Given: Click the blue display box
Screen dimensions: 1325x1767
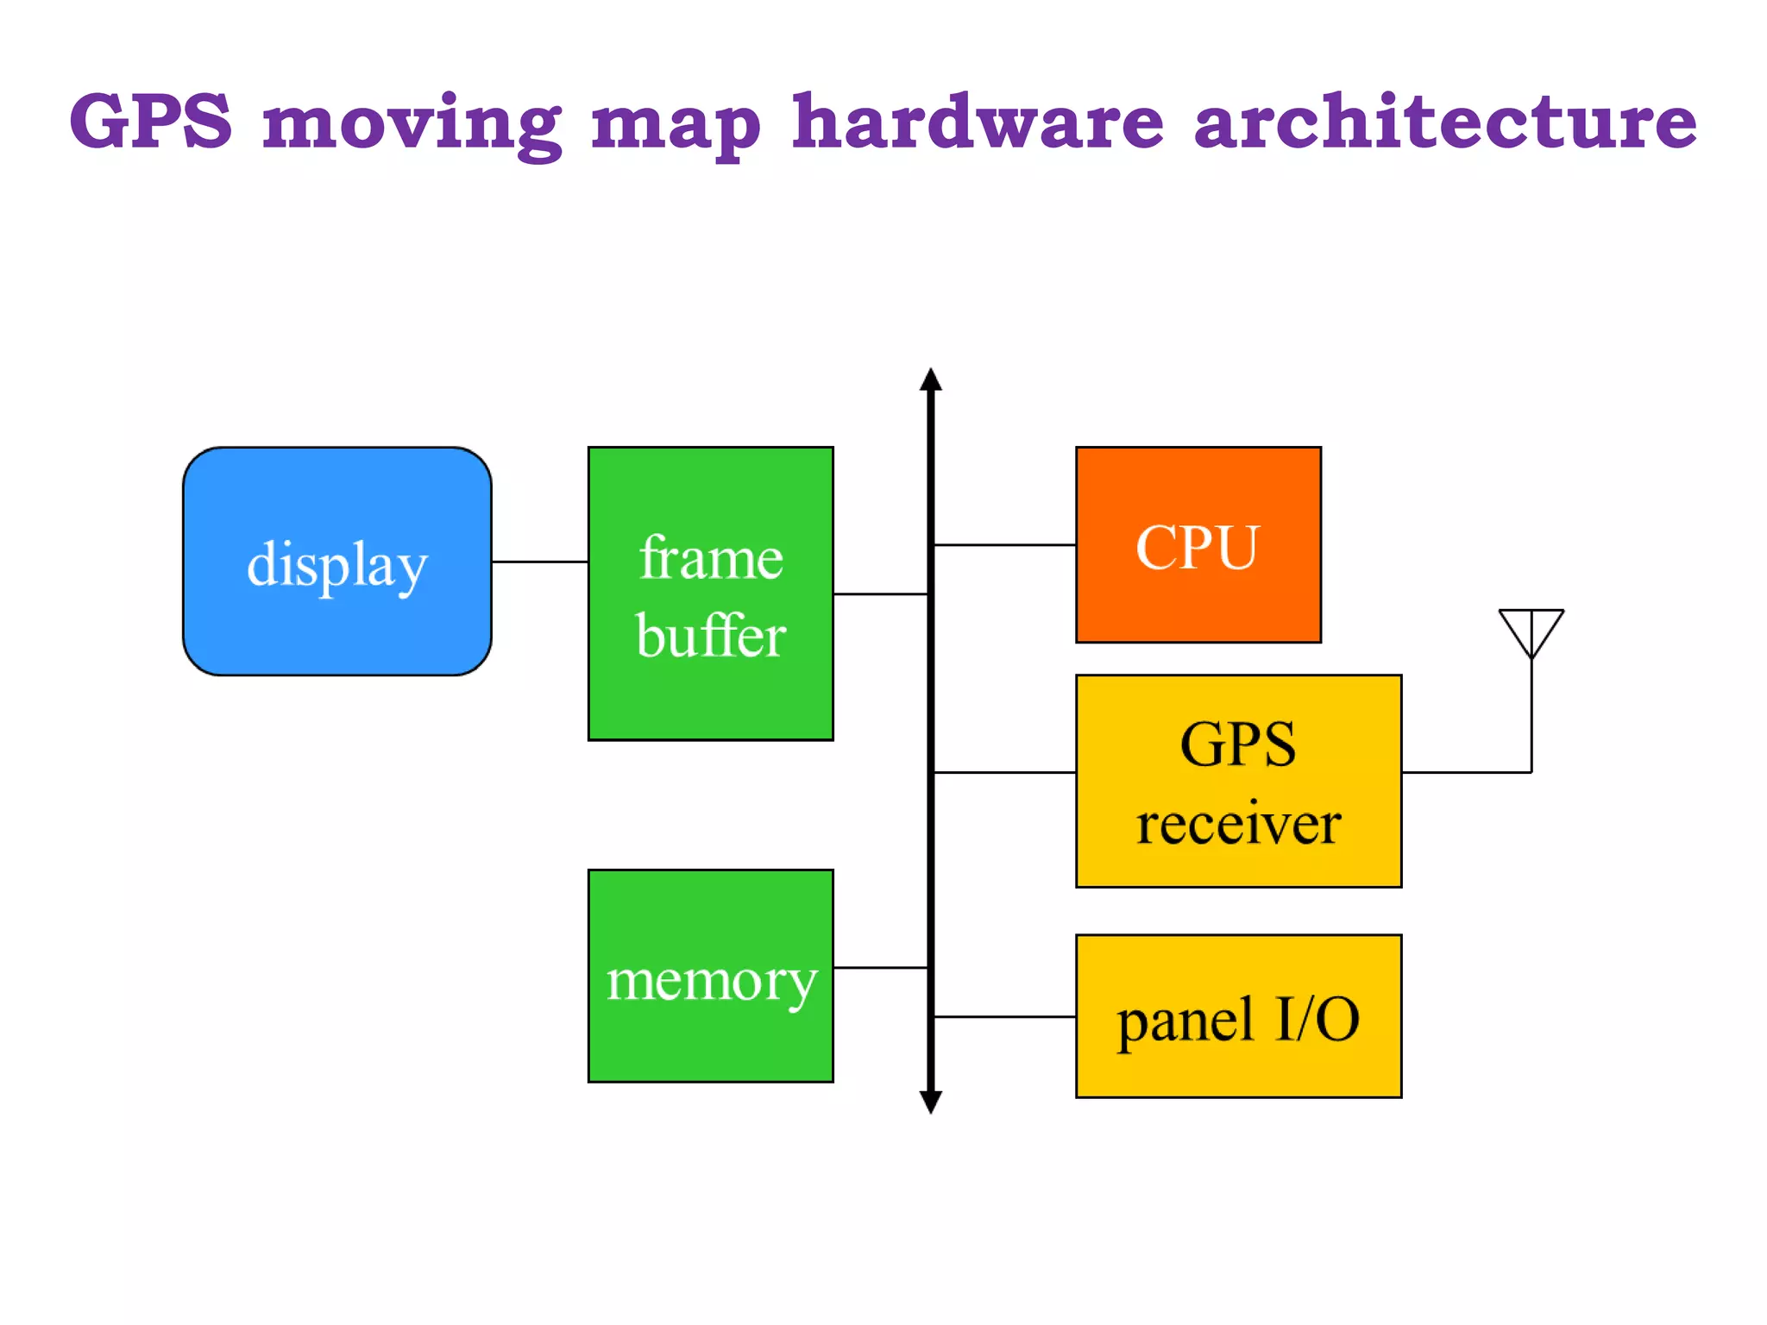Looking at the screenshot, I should pos(336,562).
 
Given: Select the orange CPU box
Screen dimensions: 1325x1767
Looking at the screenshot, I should pos(1198,544).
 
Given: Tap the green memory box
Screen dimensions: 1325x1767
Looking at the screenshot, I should pos(710,976).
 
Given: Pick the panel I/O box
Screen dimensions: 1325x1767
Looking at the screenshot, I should pos(1238,1016).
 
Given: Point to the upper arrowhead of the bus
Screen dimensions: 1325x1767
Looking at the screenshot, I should pos(930,380).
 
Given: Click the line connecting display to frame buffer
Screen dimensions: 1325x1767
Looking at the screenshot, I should pos(539,562).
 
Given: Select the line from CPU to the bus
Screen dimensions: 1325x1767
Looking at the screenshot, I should pos(1004,545).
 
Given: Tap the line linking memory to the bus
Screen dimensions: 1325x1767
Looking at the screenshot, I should pos(880,968).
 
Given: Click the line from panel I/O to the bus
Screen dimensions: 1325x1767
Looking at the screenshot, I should pos(1004,1017).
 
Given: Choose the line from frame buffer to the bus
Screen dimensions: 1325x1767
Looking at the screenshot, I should pos(880,594).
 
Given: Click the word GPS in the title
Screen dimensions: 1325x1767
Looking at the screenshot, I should pos(151,122).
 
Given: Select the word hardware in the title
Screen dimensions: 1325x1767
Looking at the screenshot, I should pos(978,122).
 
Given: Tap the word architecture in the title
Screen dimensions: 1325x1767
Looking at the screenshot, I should pos(1444,122).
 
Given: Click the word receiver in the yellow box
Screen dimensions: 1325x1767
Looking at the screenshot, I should pos(1238,823).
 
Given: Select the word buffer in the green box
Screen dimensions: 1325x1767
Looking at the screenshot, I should pos(710,636).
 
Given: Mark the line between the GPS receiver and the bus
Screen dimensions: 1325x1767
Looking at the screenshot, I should pos(1004,773).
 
